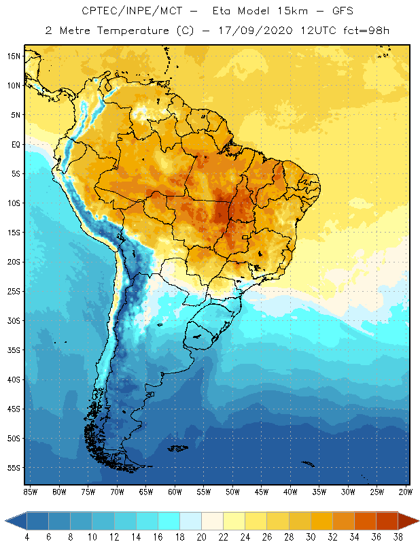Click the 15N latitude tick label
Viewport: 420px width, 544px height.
coord(14,56)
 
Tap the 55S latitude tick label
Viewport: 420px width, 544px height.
coord(14,468)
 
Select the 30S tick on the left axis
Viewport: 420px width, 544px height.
coord(14,320)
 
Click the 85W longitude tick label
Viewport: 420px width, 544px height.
coord(30,491)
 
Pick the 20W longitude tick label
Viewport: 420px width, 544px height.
coord(405,491)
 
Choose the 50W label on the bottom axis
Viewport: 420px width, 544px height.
coord(232,491)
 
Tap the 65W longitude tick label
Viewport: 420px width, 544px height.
coord(145,491)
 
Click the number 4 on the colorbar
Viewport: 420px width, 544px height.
coord(27,537)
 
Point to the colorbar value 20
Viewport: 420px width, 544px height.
coord(201,537)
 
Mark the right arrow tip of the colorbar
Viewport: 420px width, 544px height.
coord(416,521)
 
